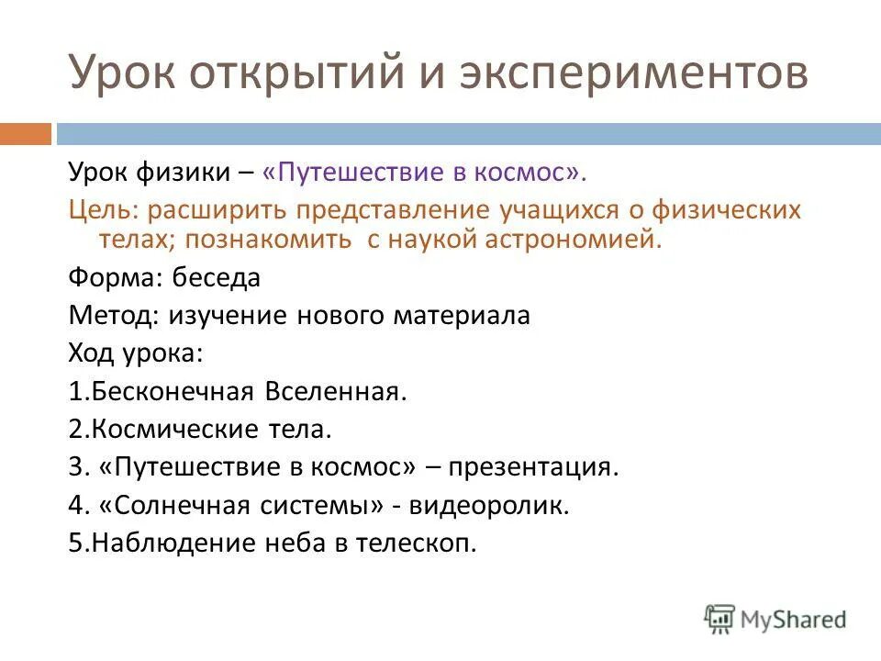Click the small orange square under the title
[x=25, y=134]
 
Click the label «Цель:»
[x=102, y=209]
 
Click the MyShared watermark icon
[x=719, y=618]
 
